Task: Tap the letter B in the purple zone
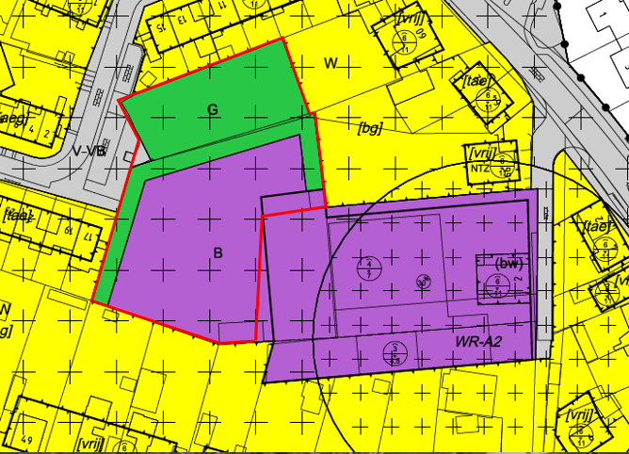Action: tap(218, 252)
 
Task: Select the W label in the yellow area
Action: tap(331, 63)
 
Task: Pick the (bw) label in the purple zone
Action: tap(508, 264)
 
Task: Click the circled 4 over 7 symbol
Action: tap(370, 267)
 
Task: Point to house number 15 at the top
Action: tap(161, 27)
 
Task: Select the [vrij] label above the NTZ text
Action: tap(480, 153)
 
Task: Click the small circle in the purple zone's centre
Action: tap(423, 281)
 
